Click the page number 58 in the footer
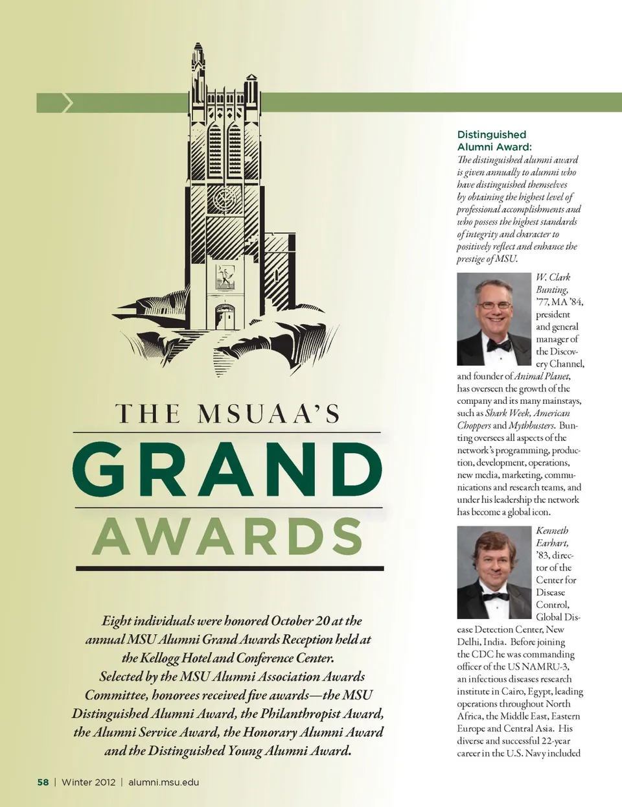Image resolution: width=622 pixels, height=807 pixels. click(43, 782)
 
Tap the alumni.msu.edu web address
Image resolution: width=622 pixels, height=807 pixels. click(163, 782)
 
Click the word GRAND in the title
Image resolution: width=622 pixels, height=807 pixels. click(227, 469)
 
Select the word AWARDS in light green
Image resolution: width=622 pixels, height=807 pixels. click(227, 537)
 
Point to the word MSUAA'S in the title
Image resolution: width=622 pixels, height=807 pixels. click(268, 414)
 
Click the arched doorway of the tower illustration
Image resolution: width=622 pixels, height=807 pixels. click(225, 317)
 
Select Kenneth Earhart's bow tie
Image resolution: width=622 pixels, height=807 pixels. click(496, 596)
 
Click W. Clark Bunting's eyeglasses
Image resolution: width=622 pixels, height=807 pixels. click(494, 305)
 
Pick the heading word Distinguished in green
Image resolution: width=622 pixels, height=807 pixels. click(492, 135)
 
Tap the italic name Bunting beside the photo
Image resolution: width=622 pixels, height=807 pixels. click(552, 290)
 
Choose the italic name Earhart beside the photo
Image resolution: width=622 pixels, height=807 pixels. click(552, 543)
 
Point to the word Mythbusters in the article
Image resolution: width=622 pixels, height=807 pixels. click(531, 425)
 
